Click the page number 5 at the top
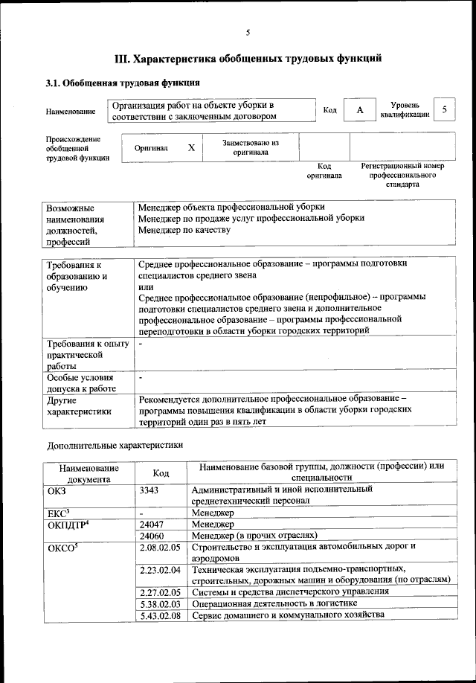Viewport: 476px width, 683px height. [x=248, y=31]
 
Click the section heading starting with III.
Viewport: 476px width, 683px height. [x=248, y=58]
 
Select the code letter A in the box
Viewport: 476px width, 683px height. [x=360, y=110]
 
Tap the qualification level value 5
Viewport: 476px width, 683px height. [x=444, y=110]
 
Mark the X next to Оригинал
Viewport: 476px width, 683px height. [x=191, y=147]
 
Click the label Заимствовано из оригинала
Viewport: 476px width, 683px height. [x=250, y=147]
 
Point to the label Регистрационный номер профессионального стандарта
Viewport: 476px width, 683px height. [x=402, y=175]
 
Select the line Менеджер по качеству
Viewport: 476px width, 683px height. [x=184, y=230]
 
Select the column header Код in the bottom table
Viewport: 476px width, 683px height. [x=161, y=473]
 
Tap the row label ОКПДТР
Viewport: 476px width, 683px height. [x=69, y=524]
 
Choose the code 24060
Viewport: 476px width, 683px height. [x=151, y=535]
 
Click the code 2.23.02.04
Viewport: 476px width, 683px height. [x=160, y=570]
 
